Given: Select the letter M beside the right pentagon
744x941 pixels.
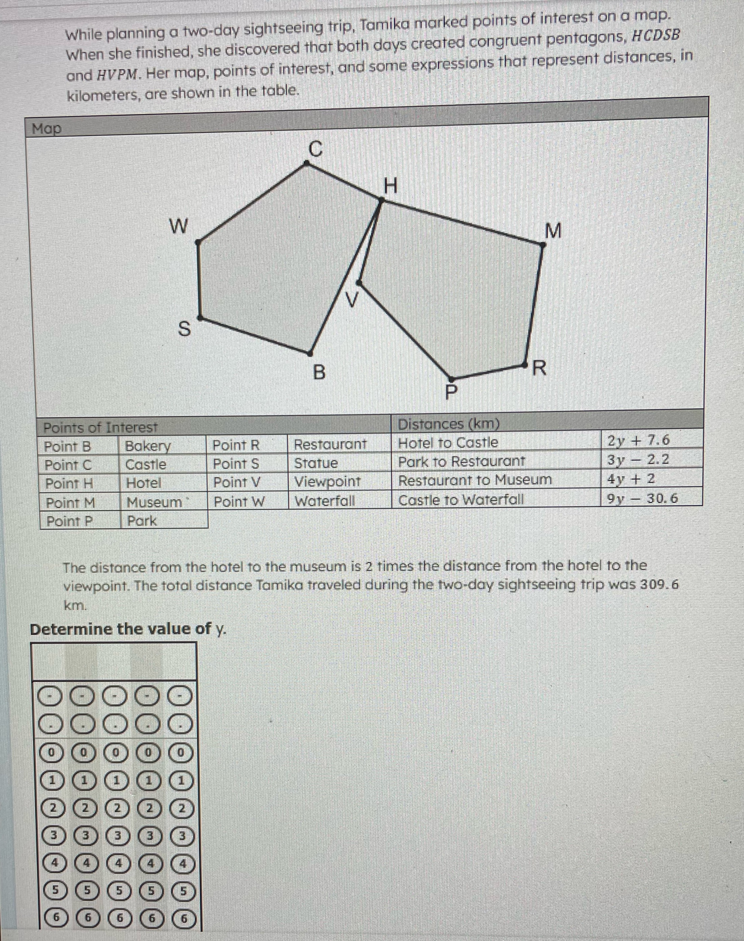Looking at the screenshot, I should pos(553,231).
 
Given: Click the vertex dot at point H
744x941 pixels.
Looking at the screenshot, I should pos(381,200).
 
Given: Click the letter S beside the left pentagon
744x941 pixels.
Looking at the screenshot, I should pos(185,329).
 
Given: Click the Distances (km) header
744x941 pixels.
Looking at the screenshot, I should pos(449,424).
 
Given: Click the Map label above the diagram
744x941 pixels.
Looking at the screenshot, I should pos(47,129).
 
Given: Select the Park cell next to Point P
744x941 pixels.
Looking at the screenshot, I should pos(141,521).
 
